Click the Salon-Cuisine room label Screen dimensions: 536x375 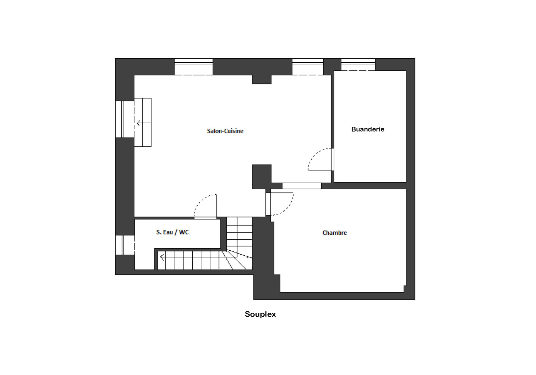tap(225, 131)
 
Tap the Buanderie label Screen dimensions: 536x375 tap(368, 129)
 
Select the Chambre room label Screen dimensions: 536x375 tap(335, 233)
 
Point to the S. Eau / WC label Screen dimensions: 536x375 tap(172, 232)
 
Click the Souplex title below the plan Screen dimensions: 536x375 tap(260, 314)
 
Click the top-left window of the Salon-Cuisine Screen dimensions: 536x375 tap(194, 67)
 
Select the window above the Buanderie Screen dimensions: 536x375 tap(358, 65)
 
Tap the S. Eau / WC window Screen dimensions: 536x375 tap(125, 245)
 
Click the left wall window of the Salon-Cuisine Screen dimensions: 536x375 tap(125, 119)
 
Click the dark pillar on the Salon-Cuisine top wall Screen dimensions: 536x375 tap(262, 79)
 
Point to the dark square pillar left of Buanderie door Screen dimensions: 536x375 tap(262, 177)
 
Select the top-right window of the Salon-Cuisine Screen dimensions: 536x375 tap(308, 67)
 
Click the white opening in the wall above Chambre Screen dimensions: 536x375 tap(301, 186)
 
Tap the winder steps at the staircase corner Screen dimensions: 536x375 tap(239, 260)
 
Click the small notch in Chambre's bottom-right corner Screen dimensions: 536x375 tap(405, 289)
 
